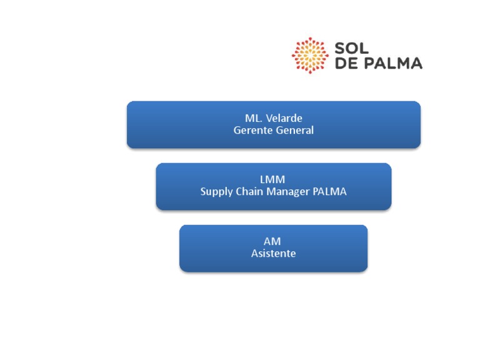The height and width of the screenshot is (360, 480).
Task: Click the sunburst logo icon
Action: pyautogui.click(x=310, y=55)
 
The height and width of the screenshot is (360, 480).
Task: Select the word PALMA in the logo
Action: pyautogui.click(x=394, y=63)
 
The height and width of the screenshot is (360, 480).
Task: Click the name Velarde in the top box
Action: pyautogui.click(x=284, y=118)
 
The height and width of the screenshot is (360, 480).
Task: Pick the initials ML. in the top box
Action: pyautogui.click(x=253, y=118)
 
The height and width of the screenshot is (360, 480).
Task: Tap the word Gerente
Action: pyautogui.click(x=254, y=130)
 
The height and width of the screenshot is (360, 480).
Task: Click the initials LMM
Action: pyautogui.click(x=273, y=180)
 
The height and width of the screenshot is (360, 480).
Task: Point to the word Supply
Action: pyautogui.click(x=216, y=192)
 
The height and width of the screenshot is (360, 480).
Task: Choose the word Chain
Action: pyautogui.click(x=249, y=192)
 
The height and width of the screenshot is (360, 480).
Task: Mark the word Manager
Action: pyautogui.click(x=289, y=192)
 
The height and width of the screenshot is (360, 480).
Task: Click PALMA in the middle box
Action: pyautogui.click(x=329, y=192)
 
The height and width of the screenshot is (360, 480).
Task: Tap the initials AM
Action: pyautogui.click(x=272, y=241)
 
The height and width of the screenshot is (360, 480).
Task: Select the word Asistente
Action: pyautogui.click(x=273, y=253)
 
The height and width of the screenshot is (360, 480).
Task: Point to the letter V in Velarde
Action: pyautogui.click(x=270, y=118)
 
